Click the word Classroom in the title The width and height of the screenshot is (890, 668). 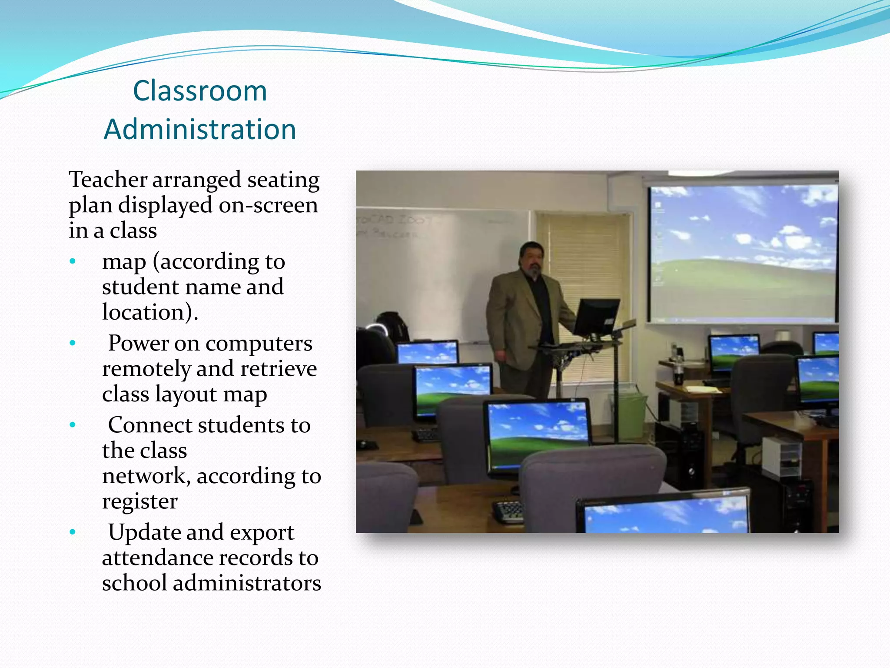(x=200, y=91)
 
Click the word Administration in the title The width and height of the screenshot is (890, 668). (x=200, y=130)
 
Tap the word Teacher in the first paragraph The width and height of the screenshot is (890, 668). (x=108, y=180)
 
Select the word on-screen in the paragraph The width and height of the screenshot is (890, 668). (x=268, y=205)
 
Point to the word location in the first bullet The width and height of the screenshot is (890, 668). (x=145, y=312)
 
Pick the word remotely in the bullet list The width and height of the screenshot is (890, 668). (x=146, y=369)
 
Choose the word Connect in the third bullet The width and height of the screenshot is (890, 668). (x=149, y=425)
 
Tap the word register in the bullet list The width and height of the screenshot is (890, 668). (x=139, y=501)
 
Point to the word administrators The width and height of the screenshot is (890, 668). (x=247, y=583)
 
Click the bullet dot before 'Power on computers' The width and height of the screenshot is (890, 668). (x=73, y=343)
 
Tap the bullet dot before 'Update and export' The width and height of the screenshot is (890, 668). (x=73, y=532)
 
